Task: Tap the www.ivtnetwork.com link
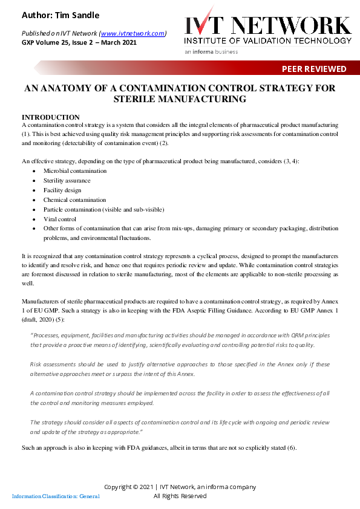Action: (x=133, y=33)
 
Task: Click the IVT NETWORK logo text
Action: (x=267, y=24)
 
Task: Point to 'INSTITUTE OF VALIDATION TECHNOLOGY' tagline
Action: (x=267, y=41)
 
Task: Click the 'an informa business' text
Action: (x=211, y=52)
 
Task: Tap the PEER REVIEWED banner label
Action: (x=314, y=69)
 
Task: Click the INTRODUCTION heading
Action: (x=51, y=117)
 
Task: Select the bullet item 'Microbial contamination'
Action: (x=74, y=171)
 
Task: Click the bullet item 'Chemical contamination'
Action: (x=74, y=199)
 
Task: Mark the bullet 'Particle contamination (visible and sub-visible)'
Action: (x=103, y=209)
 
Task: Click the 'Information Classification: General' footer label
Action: (x=56, y=496)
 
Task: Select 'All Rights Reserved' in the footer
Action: (x=180, y=496)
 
